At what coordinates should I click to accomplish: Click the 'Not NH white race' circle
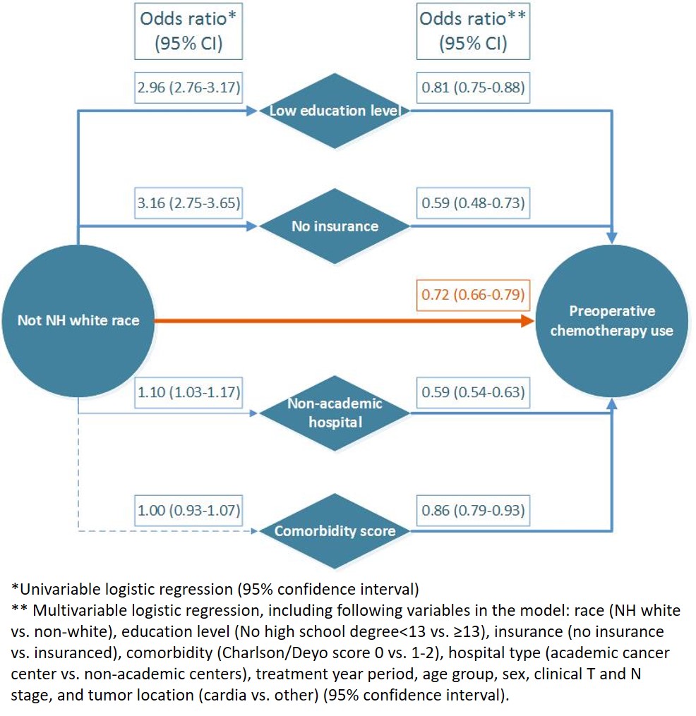pyautogui.click(x=78, y=320)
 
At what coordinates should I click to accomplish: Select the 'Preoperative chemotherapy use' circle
pyautogui.click(x=612, y=320)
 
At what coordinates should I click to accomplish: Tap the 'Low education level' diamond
pyautogui.click(x=335, y=111)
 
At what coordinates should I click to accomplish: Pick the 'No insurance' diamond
pyautogui.click(x=335, y=226)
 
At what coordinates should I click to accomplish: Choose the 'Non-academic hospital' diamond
pyautogui.click(x=335, y=413)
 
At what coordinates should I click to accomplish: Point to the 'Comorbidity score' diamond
pyautogui.click(x=335, y=531)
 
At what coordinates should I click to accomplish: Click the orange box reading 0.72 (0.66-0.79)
pyautogui.click(x=473, y=295)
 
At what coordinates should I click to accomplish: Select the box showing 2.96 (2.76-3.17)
pyautogui.click(x=188, y=87)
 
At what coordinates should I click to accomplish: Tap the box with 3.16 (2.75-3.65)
pyautogui.click(x=188, y=202)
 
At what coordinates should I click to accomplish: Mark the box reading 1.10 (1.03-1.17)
pyautogui.click(x=188, y=392)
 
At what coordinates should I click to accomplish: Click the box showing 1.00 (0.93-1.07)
pyautogui.click(x=188, y=511)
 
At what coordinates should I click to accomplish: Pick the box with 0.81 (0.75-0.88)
pyautogui.click(x=473, y=87)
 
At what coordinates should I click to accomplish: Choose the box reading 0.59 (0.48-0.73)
pyautogui.click(x=473, y=202)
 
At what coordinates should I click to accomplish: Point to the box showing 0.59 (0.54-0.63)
pyautogui.click(x=473, y=392)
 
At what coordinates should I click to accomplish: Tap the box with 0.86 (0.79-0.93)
pyautogui.click(x=473, y=511)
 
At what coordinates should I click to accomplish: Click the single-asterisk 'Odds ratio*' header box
pyautogui.click(x=188, y=31)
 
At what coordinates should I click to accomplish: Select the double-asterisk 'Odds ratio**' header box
pyautogui.click(x=473, y=31)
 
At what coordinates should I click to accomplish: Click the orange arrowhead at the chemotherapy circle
pyautogui.click(x=528, y=320)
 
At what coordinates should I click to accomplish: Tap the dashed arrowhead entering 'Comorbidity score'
pyautogui.click(x=254, y=531)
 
